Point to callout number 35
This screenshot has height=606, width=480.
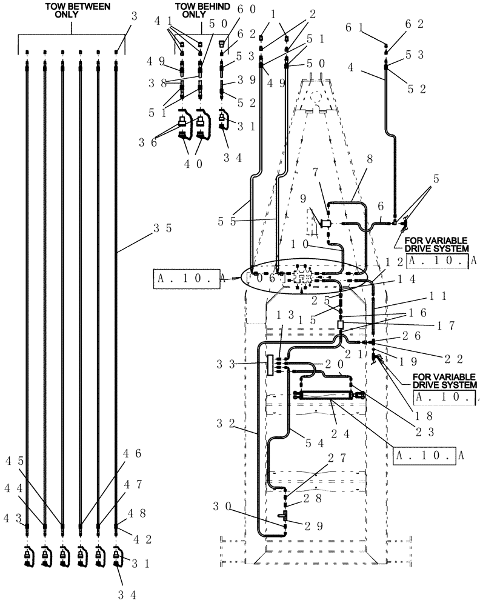coord(162,228)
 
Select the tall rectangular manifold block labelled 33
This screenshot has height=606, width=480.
coord(270,365)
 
